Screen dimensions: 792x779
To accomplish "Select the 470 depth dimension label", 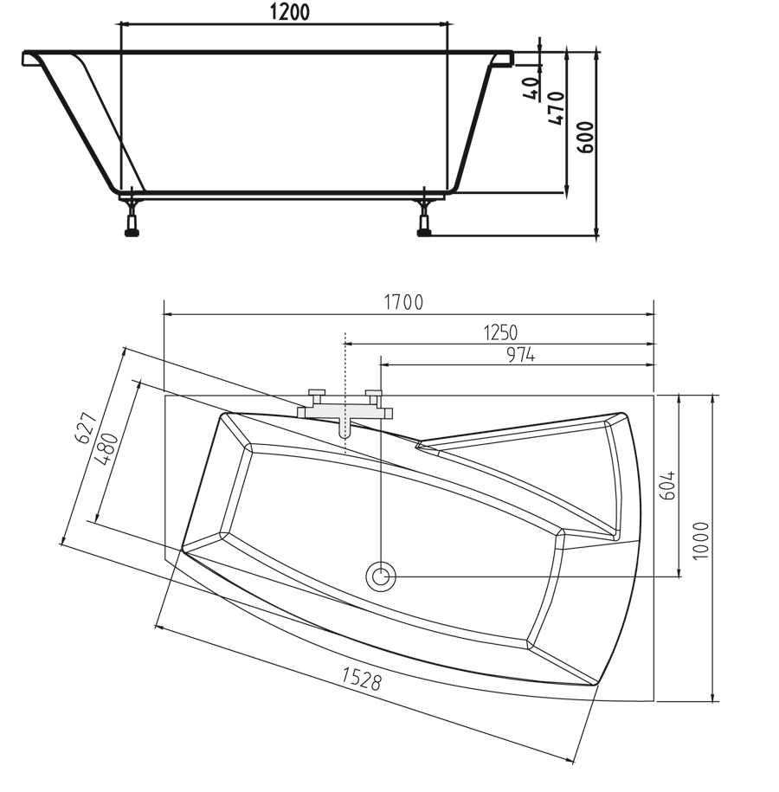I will click(556, 107).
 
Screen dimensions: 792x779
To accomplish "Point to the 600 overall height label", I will click(586, 137).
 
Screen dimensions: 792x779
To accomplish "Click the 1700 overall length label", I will click(403, 302).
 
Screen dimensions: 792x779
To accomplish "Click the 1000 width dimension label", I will click(701, 540).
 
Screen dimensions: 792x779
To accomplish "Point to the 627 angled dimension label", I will click(84, 428).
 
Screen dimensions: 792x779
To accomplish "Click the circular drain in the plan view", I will click(380, 576).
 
